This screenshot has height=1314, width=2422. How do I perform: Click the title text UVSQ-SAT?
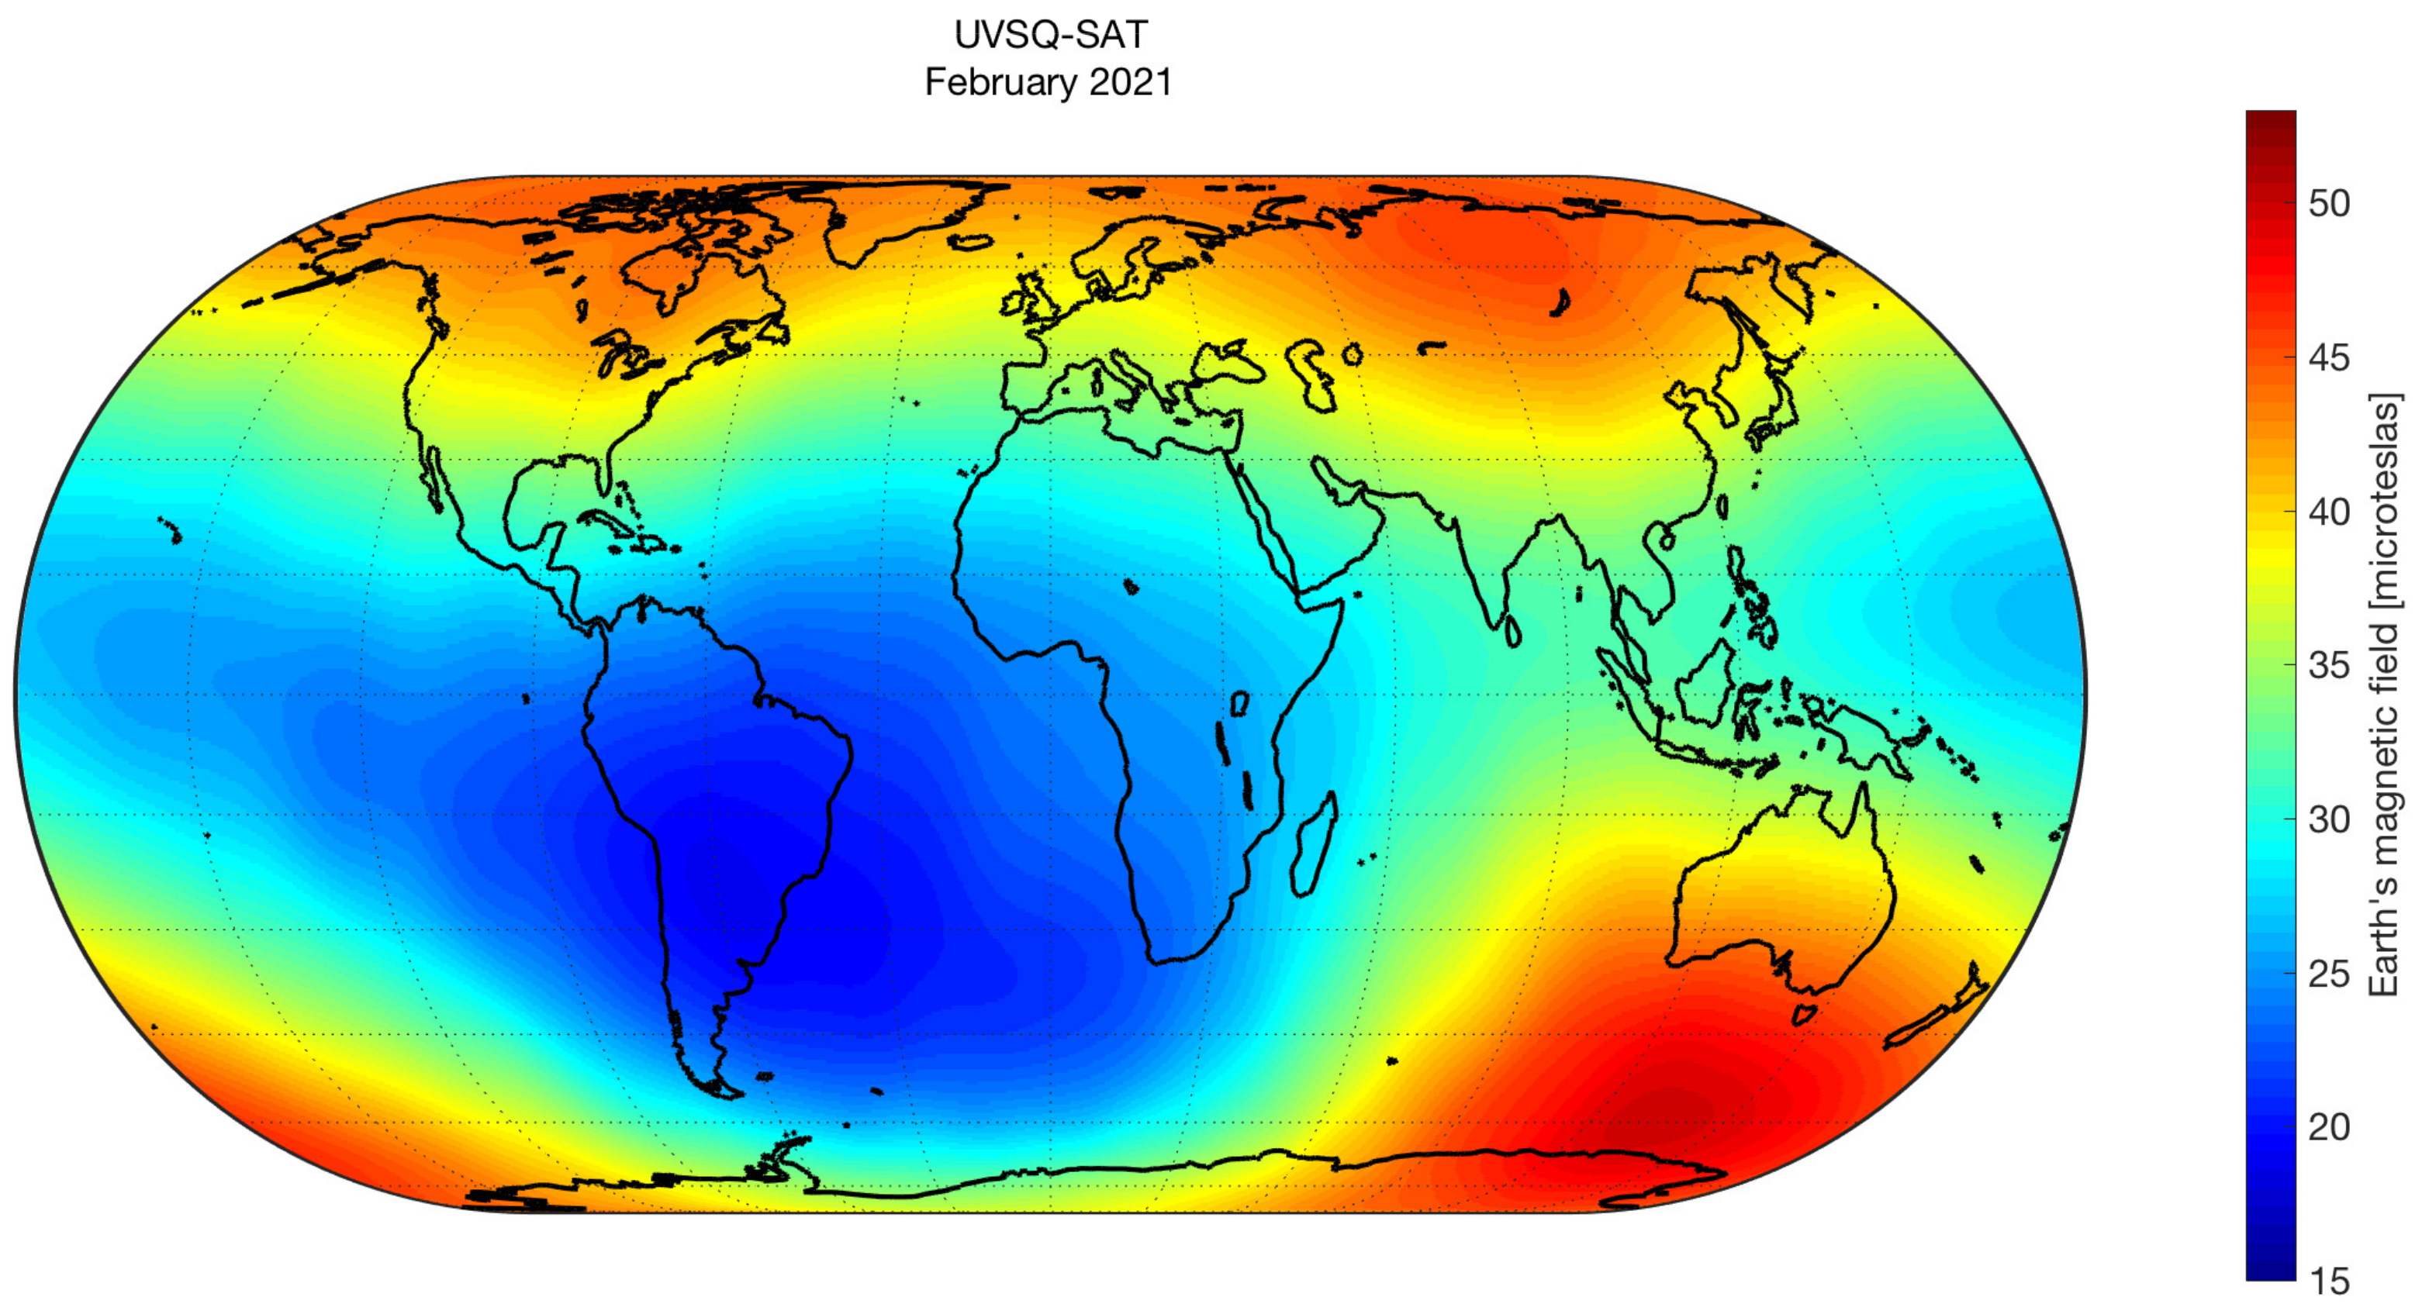point(1050,35)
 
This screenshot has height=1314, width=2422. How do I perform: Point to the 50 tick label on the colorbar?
point(2329,204)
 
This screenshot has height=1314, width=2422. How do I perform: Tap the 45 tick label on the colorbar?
point(2329,358)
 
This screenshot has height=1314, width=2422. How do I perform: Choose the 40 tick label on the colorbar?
point(2329,512)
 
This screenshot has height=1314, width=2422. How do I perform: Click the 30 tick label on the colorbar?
point(2329,819)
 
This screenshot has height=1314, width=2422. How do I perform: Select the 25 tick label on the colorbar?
point(2329,974)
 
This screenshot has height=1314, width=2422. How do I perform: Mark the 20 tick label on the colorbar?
point(2329,1127)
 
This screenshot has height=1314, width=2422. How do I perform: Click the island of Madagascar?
point(1312,846)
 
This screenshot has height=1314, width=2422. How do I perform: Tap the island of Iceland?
point(970,242)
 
